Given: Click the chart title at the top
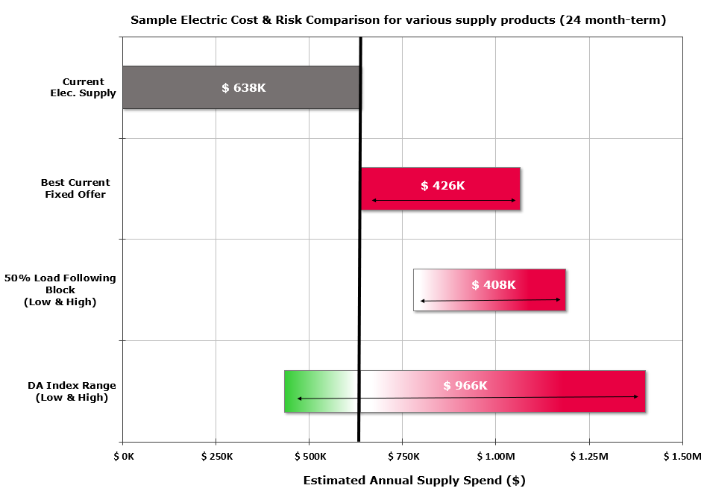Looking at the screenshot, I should click(x=398, y=20).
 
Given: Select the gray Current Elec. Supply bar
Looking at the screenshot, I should click(x=172, y=87).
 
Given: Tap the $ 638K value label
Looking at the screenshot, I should click(x=244, y=87).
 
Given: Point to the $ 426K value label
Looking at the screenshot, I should click(x=443, y=185).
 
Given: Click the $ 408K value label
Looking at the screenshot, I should click(x=494, y=284).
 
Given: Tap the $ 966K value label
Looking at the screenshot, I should click(x=465, y=385).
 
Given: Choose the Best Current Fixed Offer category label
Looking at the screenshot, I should click(x=75, y=188).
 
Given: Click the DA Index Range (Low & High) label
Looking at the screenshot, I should click(x=72, y=391).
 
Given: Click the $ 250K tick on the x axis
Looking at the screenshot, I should click(x=217, y=456).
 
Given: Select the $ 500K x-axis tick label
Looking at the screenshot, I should click(x=310, y=456).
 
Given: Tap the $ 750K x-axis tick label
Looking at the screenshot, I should click(x=403, y=456).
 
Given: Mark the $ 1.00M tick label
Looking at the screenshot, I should click(x=496, y=456).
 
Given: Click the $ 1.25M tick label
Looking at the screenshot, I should click(x=589, y=456).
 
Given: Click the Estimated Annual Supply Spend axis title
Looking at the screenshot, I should click(x=414, y=480).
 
